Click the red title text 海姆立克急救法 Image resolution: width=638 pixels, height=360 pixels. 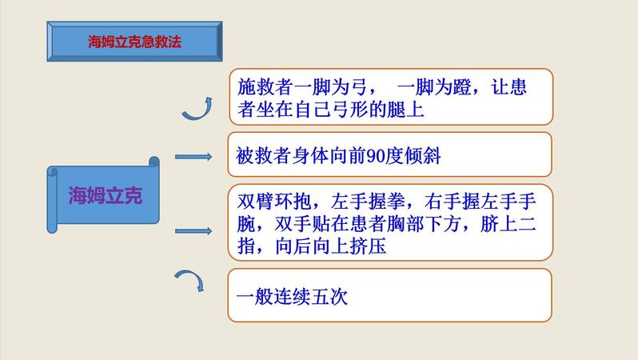click(x=134, y=42)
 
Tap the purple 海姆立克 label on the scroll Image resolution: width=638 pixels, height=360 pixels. click(x=106, y=195)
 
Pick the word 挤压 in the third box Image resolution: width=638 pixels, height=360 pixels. click(x=368, y=246)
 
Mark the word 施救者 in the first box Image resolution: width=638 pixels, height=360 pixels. click(x=265, y=87)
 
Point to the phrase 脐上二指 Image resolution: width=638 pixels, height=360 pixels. click(x=508, y=223)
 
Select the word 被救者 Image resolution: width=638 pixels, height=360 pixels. click(x=264, y=155)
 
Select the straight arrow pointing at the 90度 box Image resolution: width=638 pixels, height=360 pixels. click(x=193, y=157)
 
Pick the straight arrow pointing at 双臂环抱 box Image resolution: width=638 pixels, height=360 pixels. click(x=193, y=231)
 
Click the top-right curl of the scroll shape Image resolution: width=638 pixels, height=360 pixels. click(x=154, y=162)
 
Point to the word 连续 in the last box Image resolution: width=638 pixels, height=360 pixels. click(x=292, y=297)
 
